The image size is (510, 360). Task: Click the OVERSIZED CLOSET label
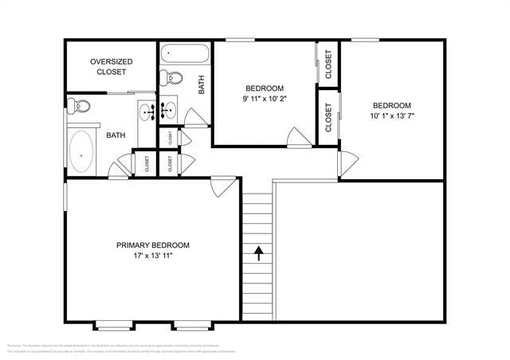click(x=111, y=66)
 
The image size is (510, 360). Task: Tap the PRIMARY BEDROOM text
click(x=153, y=245)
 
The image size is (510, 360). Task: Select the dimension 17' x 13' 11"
click(x=153, y=256)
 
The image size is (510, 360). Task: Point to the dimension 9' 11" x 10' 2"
click(x=264, y=100)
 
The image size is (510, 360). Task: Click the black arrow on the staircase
click(x=259, y=253)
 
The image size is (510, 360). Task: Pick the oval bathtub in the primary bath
click(x=81, y=151)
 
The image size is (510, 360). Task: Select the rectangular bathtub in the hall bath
click(x=185, y=55)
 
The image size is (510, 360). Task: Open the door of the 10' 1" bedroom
click(x=347, y=163)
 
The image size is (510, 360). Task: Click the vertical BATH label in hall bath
click(x=202, y=84)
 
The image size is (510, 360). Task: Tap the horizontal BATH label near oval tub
click(x=116, y=135)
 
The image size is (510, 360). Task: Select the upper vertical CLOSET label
click(x=328, y=65)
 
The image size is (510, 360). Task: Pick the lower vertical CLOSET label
click(x=328, y=118)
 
